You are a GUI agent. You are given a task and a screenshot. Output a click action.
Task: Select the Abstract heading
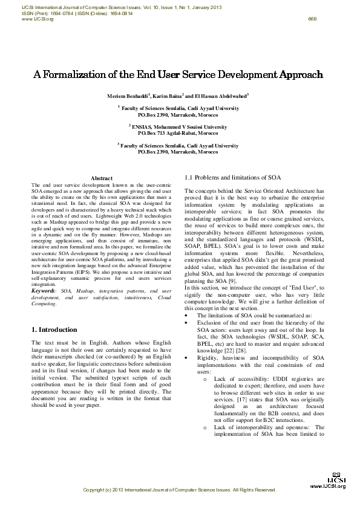[x=101, y=178]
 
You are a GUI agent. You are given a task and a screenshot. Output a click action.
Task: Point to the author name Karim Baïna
[x=167, y=96]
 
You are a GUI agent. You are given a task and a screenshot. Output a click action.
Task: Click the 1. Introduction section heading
[x=54, y=329]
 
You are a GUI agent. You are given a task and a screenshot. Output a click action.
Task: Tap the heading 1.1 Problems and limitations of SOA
[x=232, y=178]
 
